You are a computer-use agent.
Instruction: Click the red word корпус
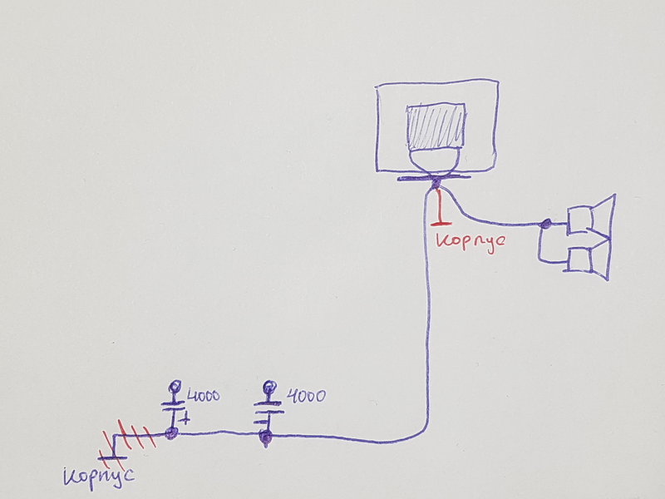pyautogui.click(x=470, y=242)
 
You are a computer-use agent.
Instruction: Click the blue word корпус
pyautogui.click(x=99, y=477)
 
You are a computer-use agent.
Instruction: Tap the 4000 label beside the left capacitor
pyautogui.click(x=204, y=396)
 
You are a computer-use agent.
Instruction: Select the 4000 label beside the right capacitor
pyautogui.click(x=306, y=396)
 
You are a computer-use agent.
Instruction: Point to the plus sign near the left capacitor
pyautogui.click(x=185, y=420)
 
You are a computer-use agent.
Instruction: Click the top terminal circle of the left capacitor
pyautogui.click(x=174, y=387)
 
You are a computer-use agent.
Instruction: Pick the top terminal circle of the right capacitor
pyautogui.click(x=269, y=387)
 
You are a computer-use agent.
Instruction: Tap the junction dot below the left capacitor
pyautogui.click(x=171, y=433)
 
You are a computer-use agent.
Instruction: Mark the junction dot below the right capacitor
pyautogui.click(x=265, y=437)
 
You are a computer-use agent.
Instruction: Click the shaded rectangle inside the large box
pyautogui.click(x=436, y=126)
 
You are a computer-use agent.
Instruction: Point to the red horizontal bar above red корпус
pyautogui.click(x=441, y=222)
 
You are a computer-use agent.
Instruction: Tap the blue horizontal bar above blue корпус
pyautogui.click(x=112, y=458)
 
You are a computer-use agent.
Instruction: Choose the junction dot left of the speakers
pyautogui.click(x=547, y=223)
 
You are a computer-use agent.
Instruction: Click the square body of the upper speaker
pyautogui.click(x=579, y=220)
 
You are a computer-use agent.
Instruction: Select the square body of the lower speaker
pyautogui.click(x=579, y=259)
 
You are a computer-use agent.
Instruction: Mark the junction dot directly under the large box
pyautogui.click(x=435, y=183)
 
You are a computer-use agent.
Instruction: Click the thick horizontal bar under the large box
pyautogui.click(x=434, y=178)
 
